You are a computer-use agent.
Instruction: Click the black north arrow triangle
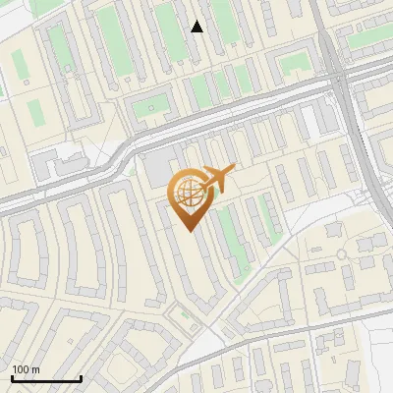point(197,27)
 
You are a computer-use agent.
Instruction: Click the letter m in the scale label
point(36,369)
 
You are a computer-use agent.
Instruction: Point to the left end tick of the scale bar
point(12,378)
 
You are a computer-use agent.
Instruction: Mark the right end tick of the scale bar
point(81,378)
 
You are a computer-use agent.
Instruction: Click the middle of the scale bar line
point(46,379)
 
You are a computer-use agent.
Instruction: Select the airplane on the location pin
point(217,178)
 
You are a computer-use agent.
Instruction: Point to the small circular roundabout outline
point(342,253)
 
